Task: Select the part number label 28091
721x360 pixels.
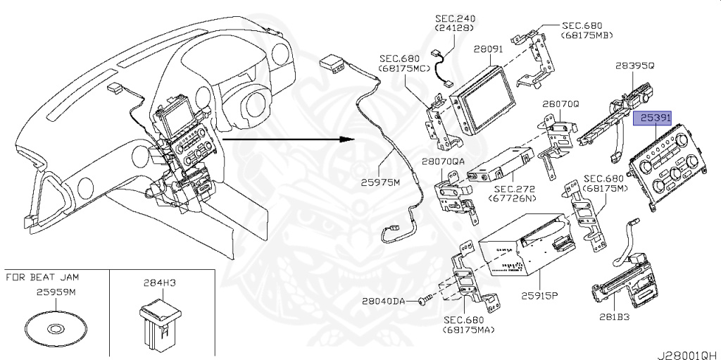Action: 487,50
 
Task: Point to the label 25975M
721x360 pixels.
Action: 380,182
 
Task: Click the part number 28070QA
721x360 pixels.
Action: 444,162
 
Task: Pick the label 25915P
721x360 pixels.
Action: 539,295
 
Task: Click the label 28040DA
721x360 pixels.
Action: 384,301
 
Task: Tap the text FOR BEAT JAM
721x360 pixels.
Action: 39,277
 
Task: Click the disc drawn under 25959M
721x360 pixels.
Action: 55,328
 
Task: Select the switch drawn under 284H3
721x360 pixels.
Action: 156,323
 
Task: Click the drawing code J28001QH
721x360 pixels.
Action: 688,350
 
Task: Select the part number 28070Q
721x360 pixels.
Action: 560,103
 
